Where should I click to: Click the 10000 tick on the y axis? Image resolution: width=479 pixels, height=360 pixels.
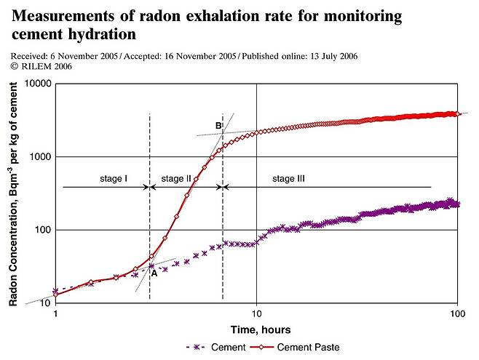(x=38, y=84)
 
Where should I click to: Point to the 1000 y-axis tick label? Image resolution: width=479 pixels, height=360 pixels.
(x=40, y=157)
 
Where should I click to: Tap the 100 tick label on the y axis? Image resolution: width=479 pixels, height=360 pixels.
(x=42, y=230)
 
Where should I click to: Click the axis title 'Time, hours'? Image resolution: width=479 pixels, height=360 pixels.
(x=256, y=329)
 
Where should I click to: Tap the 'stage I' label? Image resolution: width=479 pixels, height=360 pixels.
(x=114, y=178)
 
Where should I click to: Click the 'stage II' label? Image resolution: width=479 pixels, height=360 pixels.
(x=176, y=178)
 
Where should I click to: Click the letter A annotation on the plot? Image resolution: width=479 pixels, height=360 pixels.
(x=154, y=273)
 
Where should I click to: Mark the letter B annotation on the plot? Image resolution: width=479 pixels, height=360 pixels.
(x=218, y=126)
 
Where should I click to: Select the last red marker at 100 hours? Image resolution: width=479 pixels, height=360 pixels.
(x=456, y=114)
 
